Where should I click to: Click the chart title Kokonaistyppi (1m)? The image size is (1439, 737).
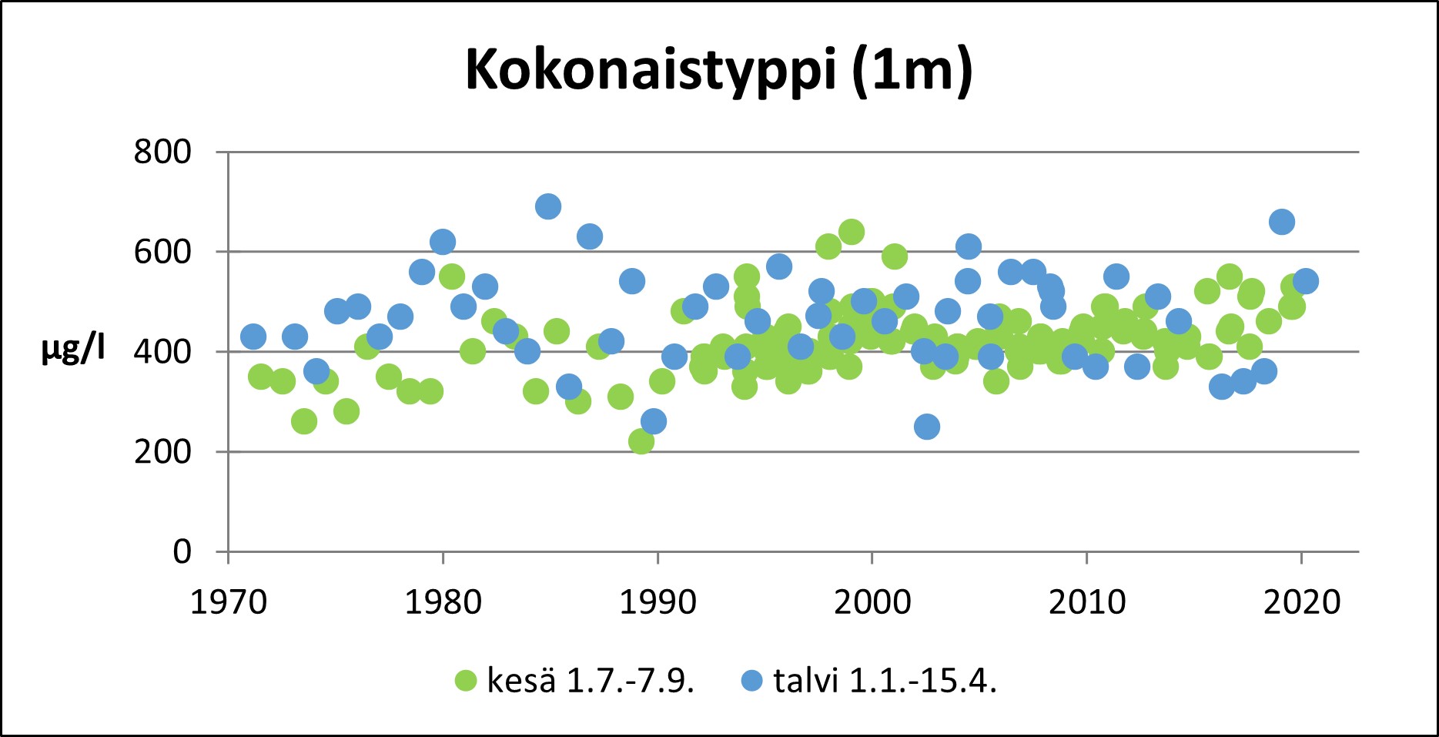(719, 71)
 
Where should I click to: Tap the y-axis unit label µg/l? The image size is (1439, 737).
(73, 350)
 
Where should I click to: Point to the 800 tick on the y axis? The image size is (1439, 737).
(162, 152)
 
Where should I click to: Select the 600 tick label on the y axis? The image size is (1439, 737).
(162, 252)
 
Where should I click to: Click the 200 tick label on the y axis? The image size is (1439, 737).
(162, 451)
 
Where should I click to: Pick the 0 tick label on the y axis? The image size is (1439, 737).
(182, 551)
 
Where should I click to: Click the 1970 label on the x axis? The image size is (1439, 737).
(229, 601)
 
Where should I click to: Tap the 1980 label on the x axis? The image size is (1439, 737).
(443, 601)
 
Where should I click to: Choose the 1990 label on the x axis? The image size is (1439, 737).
(658, 601)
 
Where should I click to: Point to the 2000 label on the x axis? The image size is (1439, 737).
(872, 601)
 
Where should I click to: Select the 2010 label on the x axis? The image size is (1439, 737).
(1087, 601)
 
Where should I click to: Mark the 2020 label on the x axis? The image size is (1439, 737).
(1302, 601)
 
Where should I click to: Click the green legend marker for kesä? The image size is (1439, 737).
(466, 681)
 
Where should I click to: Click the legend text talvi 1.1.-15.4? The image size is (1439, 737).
(885, 681)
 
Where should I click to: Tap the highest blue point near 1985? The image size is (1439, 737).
(547, 206)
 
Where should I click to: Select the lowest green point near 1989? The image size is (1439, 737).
(641, 441)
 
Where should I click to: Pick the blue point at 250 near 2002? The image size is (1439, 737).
(927, 426)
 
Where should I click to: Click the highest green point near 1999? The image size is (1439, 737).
(851, 231)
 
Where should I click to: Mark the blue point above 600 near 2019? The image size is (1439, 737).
(1281, 222)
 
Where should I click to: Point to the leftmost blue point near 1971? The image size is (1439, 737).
(253, 337)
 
